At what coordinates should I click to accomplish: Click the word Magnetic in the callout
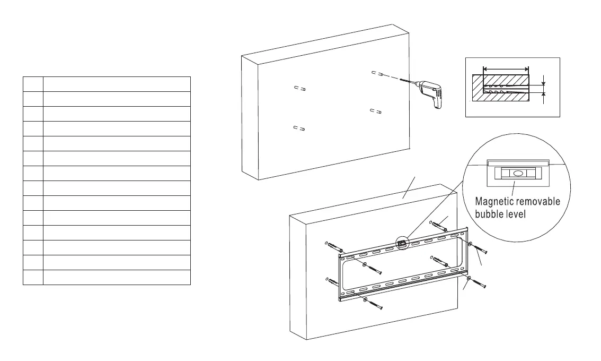coord(496,202)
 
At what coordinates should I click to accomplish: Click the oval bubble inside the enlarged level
coord(514,173)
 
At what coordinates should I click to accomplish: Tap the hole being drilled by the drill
coord(378,73)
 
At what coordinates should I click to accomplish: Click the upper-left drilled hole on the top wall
coord(299,89)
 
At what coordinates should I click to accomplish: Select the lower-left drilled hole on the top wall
coord(299,128)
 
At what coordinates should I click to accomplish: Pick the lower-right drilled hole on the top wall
coord(376,111)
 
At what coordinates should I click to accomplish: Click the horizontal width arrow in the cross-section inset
coord(506,69)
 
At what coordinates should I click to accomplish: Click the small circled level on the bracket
coord(402,244)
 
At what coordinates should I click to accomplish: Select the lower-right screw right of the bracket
coord(476,281)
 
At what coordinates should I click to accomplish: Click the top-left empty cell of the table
coord(33,84)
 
